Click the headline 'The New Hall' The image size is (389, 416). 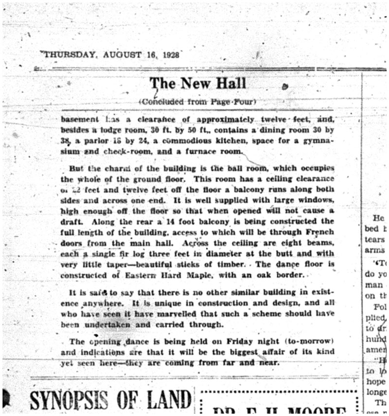(x=197, y=83)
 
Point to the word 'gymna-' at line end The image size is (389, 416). (x=318, y=140)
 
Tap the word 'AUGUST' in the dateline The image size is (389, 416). (x=119, y=55)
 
